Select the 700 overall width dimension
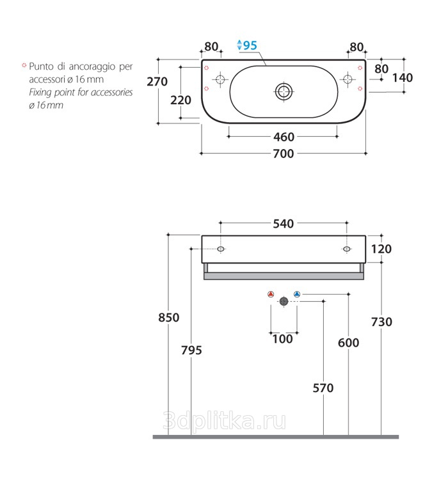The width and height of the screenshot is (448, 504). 284,154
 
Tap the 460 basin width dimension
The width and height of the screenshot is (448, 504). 284,137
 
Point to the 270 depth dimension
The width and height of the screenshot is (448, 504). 157,82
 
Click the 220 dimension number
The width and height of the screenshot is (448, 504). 180,100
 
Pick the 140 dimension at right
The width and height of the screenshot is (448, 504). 403,78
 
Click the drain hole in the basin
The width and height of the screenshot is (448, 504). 284,91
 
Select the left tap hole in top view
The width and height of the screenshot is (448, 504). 220,79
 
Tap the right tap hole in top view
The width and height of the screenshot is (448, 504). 348,79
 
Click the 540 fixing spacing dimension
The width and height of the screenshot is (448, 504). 284,224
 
